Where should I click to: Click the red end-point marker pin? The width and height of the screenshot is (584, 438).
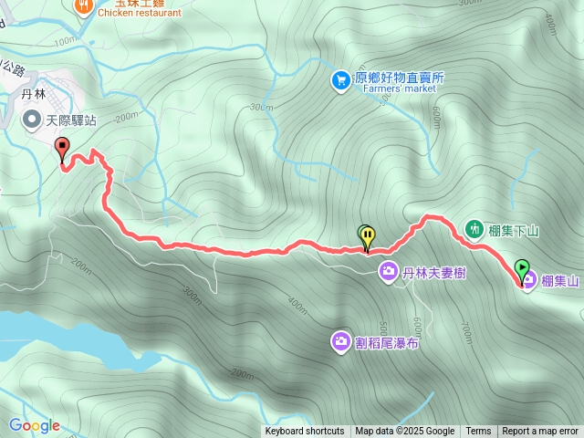(x=62, y=148)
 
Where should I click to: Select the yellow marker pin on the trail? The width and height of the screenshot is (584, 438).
(x=368, y=237)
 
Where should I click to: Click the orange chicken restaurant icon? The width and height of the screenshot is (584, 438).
(x=84, y=5)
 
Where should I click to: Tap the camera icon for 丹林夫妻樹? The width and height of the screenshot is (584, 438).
(x=388, y=271)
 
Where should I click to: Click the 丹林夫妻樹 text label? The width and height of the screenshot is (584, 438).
(x=434, y=272)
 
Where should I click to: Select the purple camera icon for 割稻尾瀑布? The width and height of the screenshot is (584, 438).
(x=339, y=342)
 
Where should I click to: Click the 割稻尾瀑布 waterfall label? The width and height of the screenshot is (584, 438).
(x=387, y=342)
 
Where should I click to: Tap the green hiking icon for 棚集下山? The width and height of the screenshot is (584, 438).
(x=474, y=228)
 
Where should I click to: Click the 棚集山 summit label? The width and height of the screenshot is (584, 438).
(x=560, y=282)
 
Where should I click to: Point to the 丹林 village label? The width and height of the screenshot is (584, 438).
(x=34, y=93)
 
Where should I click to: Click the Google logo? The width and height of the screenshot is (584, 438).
(x=35, y=425)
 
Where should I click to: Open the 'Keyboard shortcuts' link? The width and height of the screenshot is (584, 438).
(x=305, y=432)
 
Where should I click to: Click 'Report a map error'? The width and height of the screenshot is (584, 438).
(x=540, y=432)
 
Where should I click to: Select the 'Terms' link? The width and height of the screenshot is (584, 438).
(x=478, y=432)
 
